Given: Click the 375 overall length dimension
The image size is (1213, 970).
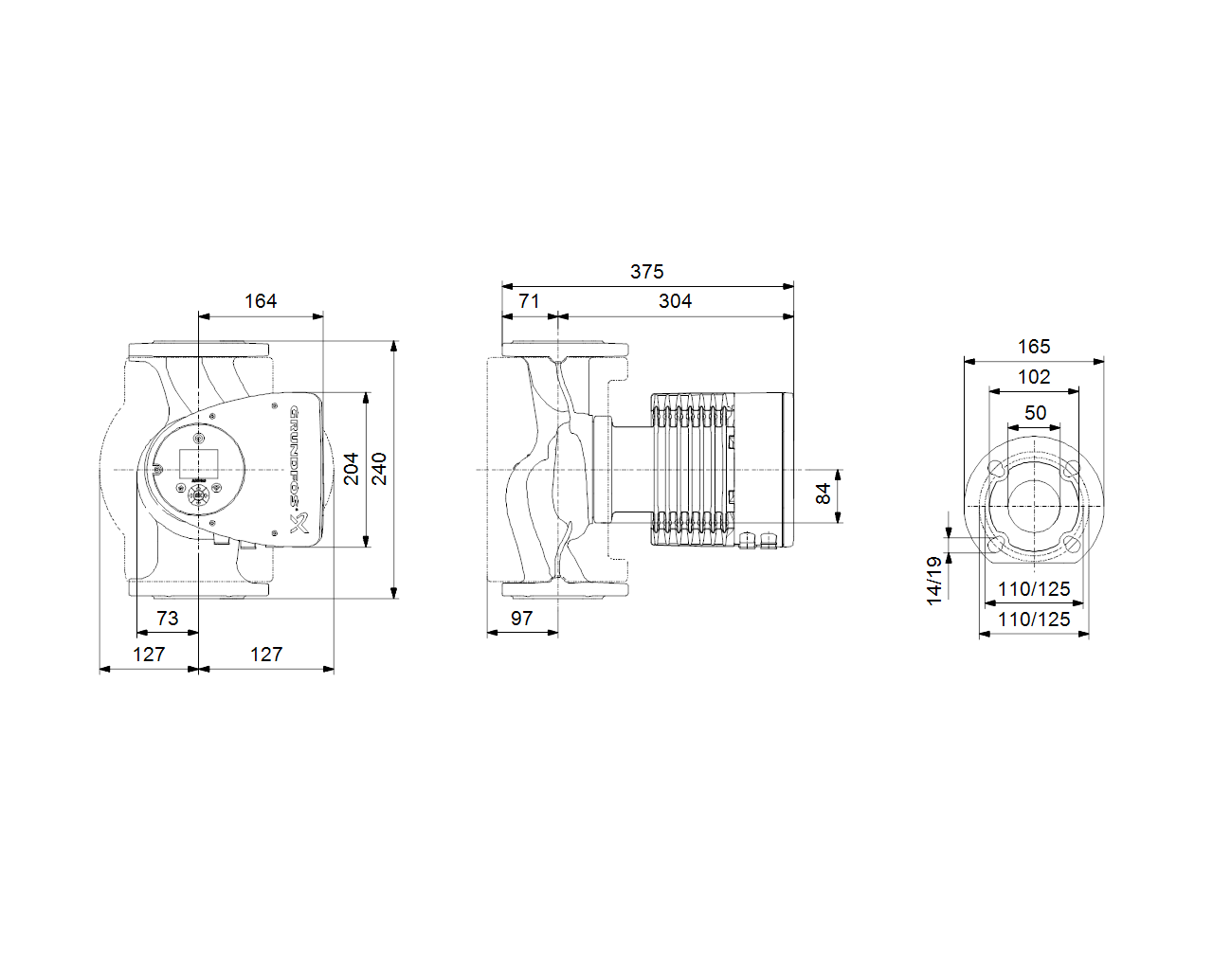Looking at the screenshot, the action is point(646,272).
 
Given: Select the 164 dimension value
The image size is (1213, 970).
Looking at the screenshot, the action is point(261,301).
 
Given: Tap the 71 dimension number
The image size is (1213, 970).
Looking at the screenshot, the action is point(529,301).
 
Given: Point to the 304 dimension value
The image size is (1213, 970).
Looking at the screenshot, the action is point(675,301).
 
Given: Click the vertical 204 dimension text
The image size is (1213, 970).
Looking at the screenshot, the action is point(351,468).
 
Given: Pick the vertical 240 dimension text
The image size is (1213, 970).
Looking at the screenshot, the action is point(379,468).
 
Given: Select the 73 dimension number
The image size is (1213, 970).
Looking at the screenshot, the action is point(167,619).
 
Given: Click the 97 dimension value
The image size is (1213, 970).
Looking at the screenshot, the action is point(521,619).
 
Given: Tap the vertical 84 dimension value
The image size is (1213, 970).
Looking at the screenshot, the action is point(823,494).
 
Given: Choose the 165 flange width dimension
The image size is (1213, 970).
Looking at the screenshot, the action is point(1034,346).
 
